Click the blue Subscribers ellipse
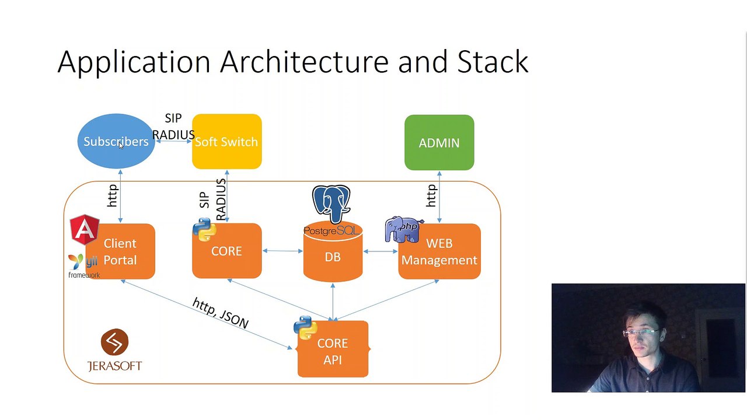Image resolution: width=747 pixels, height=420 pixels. (116, 141)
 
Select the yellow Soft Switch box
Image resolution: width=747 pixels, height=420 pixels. (227, 141)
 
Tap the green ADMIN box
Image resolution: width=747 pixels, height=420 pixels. (439, 143)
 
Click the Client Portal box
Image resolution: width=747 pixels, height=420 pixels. (120, 251)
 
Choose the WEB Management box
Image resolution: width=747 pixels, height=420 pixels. (439, 251)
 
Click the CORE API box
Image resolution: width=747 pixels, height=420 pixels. (333, 349)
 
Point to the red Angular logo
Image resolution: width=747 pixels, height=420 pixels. (85, 229)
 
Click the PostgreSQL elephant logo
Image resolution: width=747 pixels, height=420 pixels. (331, 204)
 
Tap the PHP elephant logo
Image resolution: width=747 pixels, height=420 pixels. (403, 229)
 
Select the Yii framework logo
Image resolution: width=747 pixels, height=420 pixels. (83, 266)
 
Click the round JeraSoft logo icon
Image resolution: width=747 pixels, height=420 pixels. (114, 342)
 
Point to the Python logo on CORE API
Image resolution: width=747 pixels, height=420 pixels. (305, 328)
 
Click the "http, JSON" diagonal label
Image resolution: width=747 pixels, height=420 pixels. (221, 313)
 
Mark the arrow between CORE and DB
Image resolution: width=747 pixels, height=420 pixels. (283, 251)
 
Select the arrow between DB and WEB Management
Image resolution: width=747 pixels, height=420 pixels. (381, 251)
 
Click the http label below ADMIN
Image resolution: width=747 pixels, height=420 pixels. (431, 195)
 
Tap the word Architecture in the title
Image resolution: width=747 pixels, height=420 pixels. (304, 61)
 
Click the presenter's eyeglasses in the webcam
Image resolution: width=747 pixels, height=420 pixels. (641, 332)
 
